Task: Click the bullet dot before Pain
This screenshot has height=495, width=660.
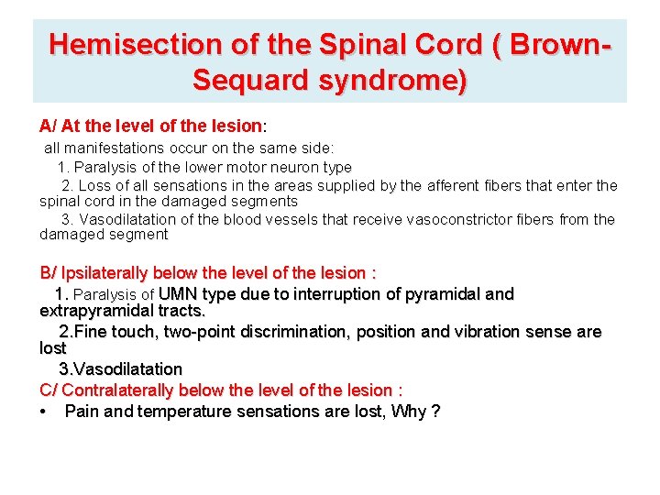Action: pyautogui.click(x=45, y=412)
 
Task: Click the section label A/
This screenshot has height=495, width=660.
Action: pyautogui.click(x=49, y=125)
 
